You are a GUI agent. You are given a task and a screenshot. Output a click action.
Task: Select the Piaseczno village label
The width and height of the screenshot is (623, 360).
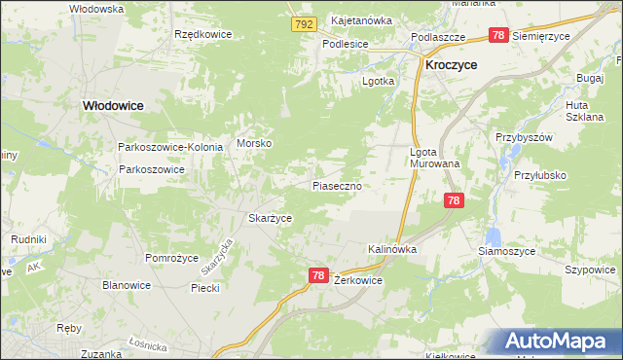tap(338, 185)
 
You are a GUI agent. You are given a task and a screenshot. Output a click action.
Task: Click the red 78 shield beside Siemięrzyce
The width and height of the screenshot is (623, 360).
tap(497, 35)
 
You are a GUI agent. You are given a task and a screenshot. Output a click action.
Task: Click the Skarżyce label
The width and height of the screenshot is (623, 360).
tap(271, 219)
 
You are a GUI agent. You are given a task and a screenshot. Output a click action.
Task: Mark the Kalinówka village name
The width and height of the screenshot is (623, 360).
tap(392, 249)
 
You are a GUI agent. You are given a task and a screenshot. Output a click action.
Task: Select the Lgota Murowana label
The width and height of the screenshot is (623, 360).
tap(434, 158)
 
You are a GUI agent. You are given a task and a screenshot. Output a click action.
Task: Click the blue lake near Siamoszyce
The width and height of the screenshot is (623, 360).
tap(492, 236)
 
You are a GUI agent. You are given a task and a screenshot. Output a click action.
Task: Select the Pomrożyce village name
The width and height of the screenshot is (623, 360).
tap(171, 258)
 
